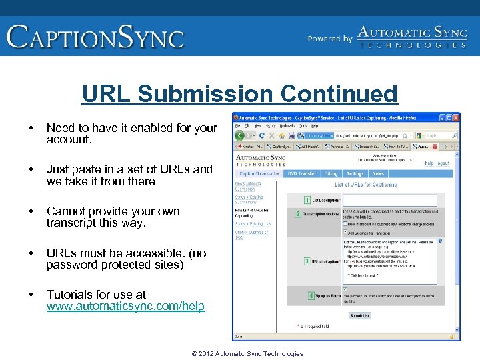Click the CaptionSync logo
(95, 36)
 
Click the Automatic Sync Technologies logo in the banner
(411, 37)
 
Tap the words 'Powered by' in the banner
(330, 39)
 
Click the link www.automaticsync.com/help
(126, 307)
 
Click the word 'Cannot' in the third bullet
(65, 211)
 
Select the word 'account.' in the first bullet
(69, 140)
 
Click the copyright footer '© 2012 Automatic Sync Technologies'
(247, 353)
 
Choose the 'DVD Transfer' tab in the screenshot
(301, 173)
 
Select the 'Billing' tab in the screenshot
(331, 173)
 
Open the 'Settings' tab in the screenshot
(355, 173)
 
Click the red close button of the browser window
(455, 117)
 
